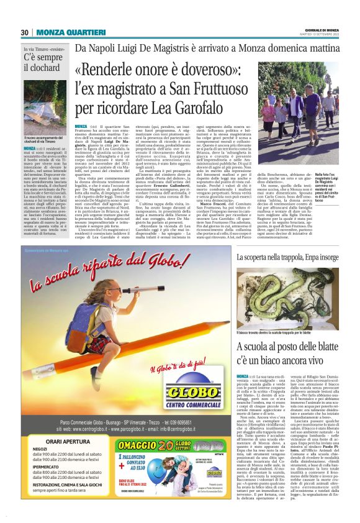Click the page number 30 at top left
[x=24, y=33]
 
